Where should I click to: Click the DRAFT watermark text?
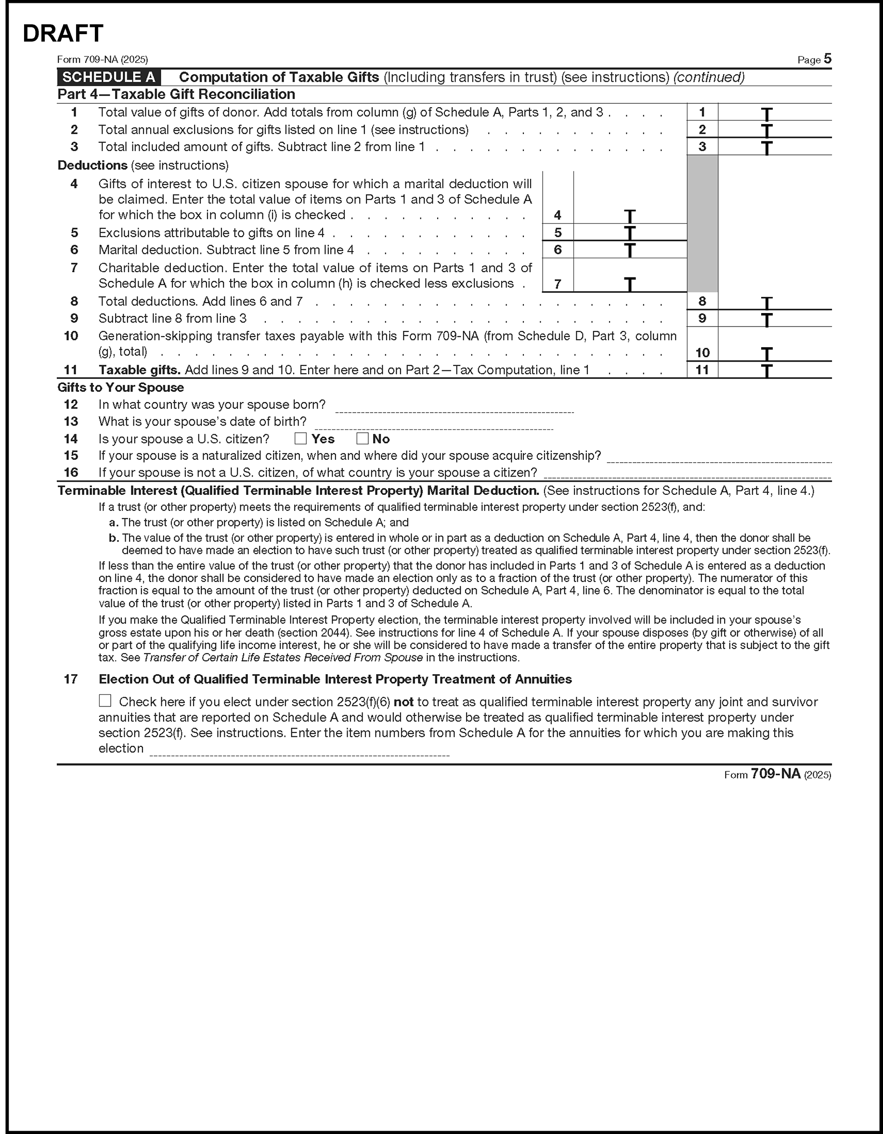(63, 33)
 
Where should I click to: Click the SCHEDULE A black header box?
(109, 77)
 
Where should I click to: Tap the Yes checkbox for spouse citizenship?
(300, 439)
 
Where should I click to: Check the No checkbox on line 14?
(362, 439)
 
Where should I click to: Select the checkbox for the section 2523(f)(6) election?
(105, 701)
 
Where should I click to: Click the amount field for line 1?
(774, 112)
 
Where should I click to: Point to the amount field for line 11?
(774, 370)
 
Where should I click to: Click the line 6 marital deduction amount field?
(630, 250)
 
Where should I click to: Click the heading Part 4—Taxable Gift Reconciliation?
(176, 94)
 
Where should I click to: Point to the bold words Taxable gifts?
(139, 370)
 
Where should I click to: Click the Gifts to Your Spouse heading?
(120, 387)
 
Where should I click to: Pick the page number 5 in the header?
(827, 59)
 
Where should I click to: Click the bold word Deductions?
(92, 165)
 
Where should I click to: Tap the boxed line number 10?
(702, 353)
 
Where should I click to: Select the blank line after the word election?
(299, 751)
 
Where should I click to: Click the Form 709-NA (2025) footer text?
(778, 775)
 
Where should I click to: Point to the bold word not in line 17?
(403, 702)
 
